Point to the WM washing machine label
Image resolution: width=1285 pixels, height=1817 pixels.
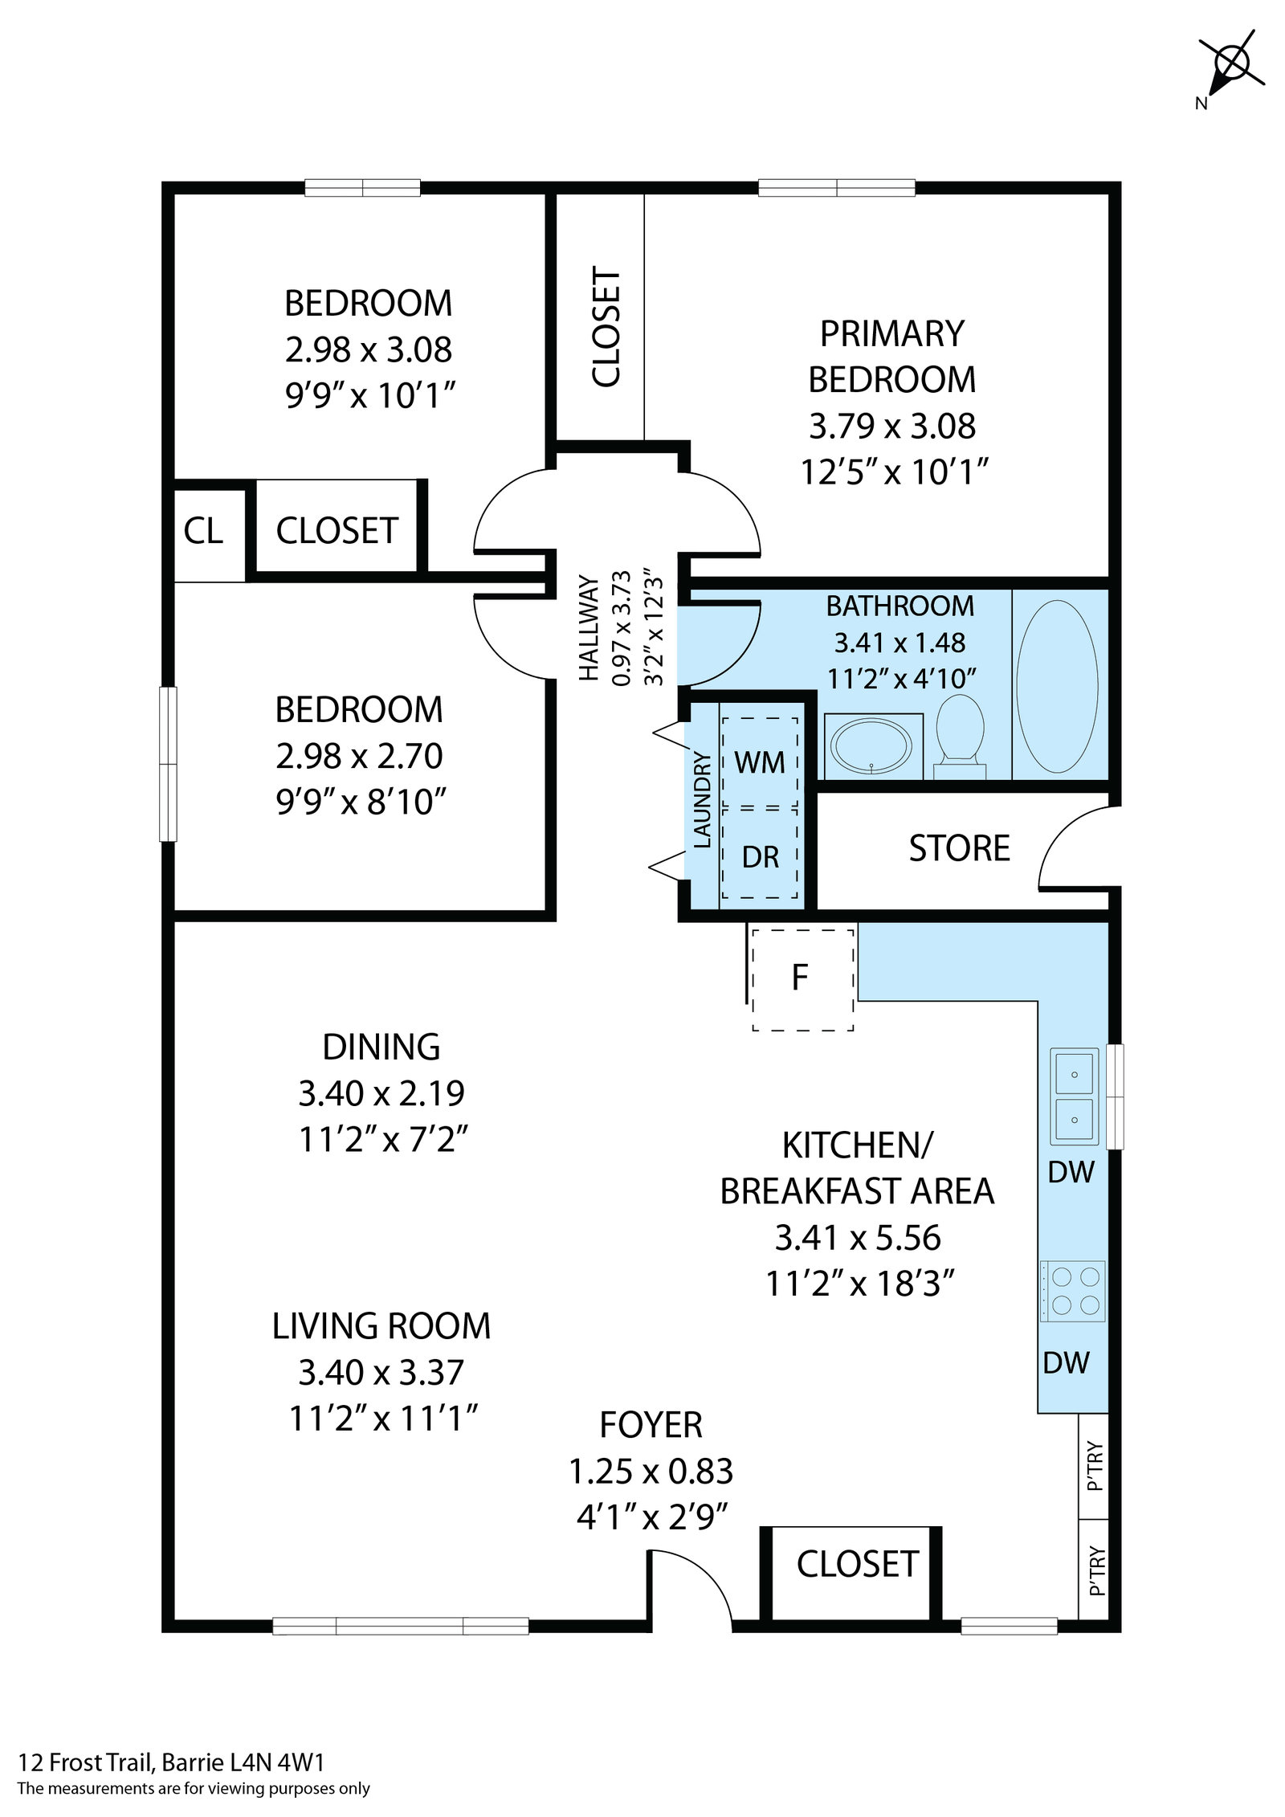point(759,762)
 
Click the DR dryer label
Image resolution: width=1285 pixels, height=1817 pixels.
point(760,858)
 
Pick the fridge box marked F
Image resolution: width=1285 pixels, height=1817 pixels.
point(802,978)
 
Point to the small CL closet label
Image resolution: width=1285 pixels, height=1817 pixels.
point(203,530)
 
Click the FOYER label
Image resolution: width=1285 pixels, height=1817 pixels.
point(651,1425)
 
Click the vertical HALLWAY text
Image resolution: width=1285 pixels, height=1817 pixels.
point(589,628)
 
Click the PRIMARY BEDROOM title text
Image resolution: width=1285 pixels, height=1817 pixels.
point(891,356)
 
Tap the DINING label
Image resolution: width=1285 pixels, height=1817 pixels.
point(381,1047)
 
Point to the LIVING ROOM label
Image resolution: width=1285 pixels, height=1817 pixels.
point(381,1326)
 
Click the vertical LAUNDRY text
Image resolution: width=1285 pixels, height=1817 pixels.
point(702,800)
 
